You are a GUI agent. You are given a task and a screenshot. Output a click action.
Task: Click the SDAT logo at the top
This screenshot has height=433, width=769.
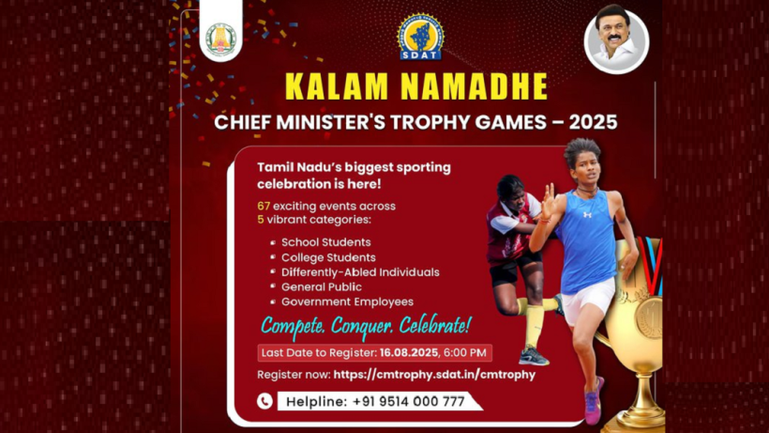tap(420, 37)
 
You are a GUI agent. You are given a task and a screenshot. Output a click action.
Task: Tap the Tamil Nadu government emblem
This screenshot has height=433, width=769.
tap(221, 39)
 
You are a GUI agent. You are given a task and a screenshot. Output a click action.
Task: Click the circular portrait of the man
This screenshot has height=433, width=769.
tap(616, 41)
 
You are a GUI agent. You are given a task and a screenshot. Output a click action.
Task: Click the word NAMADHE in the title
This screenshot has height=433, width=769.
tap(474, 87)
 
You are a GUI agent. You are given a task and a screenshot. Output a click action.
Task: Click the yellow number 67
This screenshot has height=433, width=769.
tap(264, 207)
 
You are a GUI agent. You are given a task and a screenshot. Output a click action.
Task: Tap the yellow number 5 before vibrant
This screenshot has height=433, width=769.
tap(261, 220)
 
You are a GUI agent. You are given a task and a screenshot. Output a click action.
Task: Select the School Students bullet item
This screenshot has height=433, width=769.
tap(326, 242)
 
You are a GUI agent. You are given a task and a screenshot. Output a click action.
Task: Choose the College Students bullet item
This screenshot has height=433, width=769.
tap(328, 257)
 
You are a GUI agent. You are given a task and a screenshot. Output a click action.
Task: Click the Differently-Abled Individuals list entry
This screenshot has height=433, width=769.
tap(360, 272)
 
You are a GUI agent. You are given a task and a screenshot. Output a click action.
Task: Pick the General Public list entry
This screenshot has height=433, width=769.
tap(322, 287)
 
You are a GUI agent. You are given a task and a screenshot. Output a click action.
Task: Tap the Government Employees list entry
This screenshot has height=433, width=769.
tap(347, 302)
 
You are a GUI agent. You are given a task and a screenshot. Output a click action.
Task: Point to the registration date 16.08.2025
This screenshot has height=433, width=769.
tap(409, 353)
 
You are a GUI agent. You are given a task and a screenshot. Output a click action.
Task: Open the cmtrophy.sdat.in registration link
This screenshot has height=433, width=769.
tap(434, 375)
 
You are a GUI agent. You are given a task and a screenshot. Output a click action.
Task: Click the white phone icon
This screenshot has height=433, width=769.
tap(264, 401)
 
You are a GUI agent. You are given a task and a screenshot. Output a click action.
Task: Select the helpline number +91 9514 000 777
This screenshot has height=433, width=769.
tap(409, 402)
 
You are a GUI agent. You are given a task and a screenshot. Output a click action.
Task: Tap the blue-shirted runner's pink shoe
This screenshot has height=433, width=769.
tap(593, 402)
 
